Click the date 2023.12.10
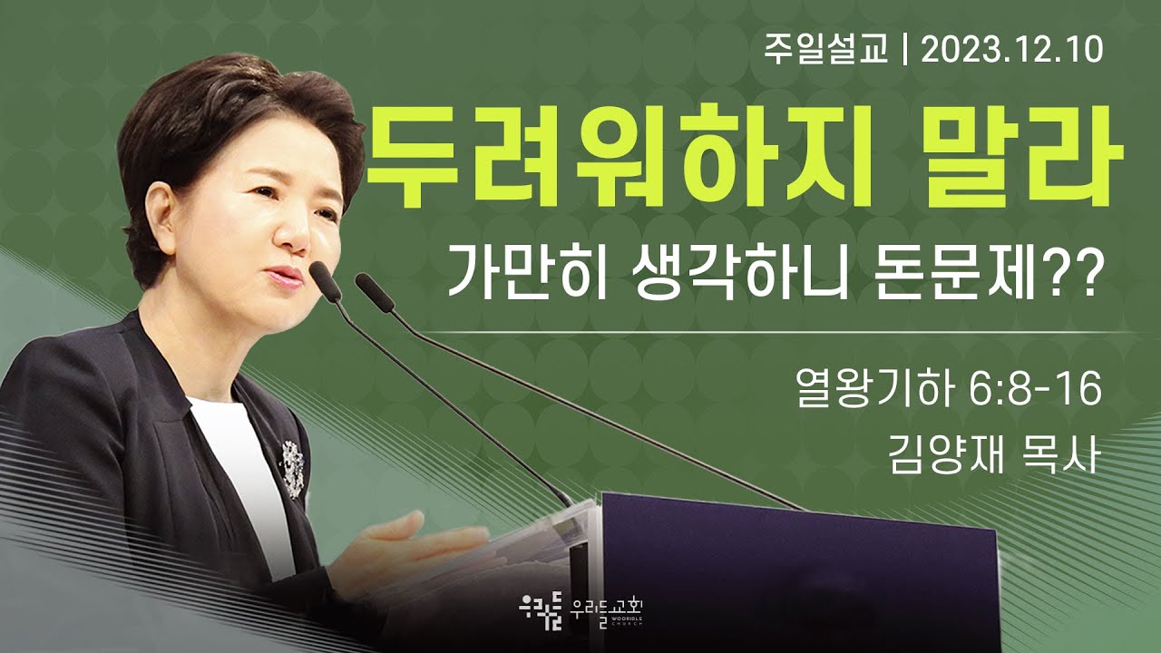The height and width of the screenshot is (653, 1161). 1012,50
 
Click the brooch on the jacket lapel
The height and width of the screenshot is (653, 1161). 290,467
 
